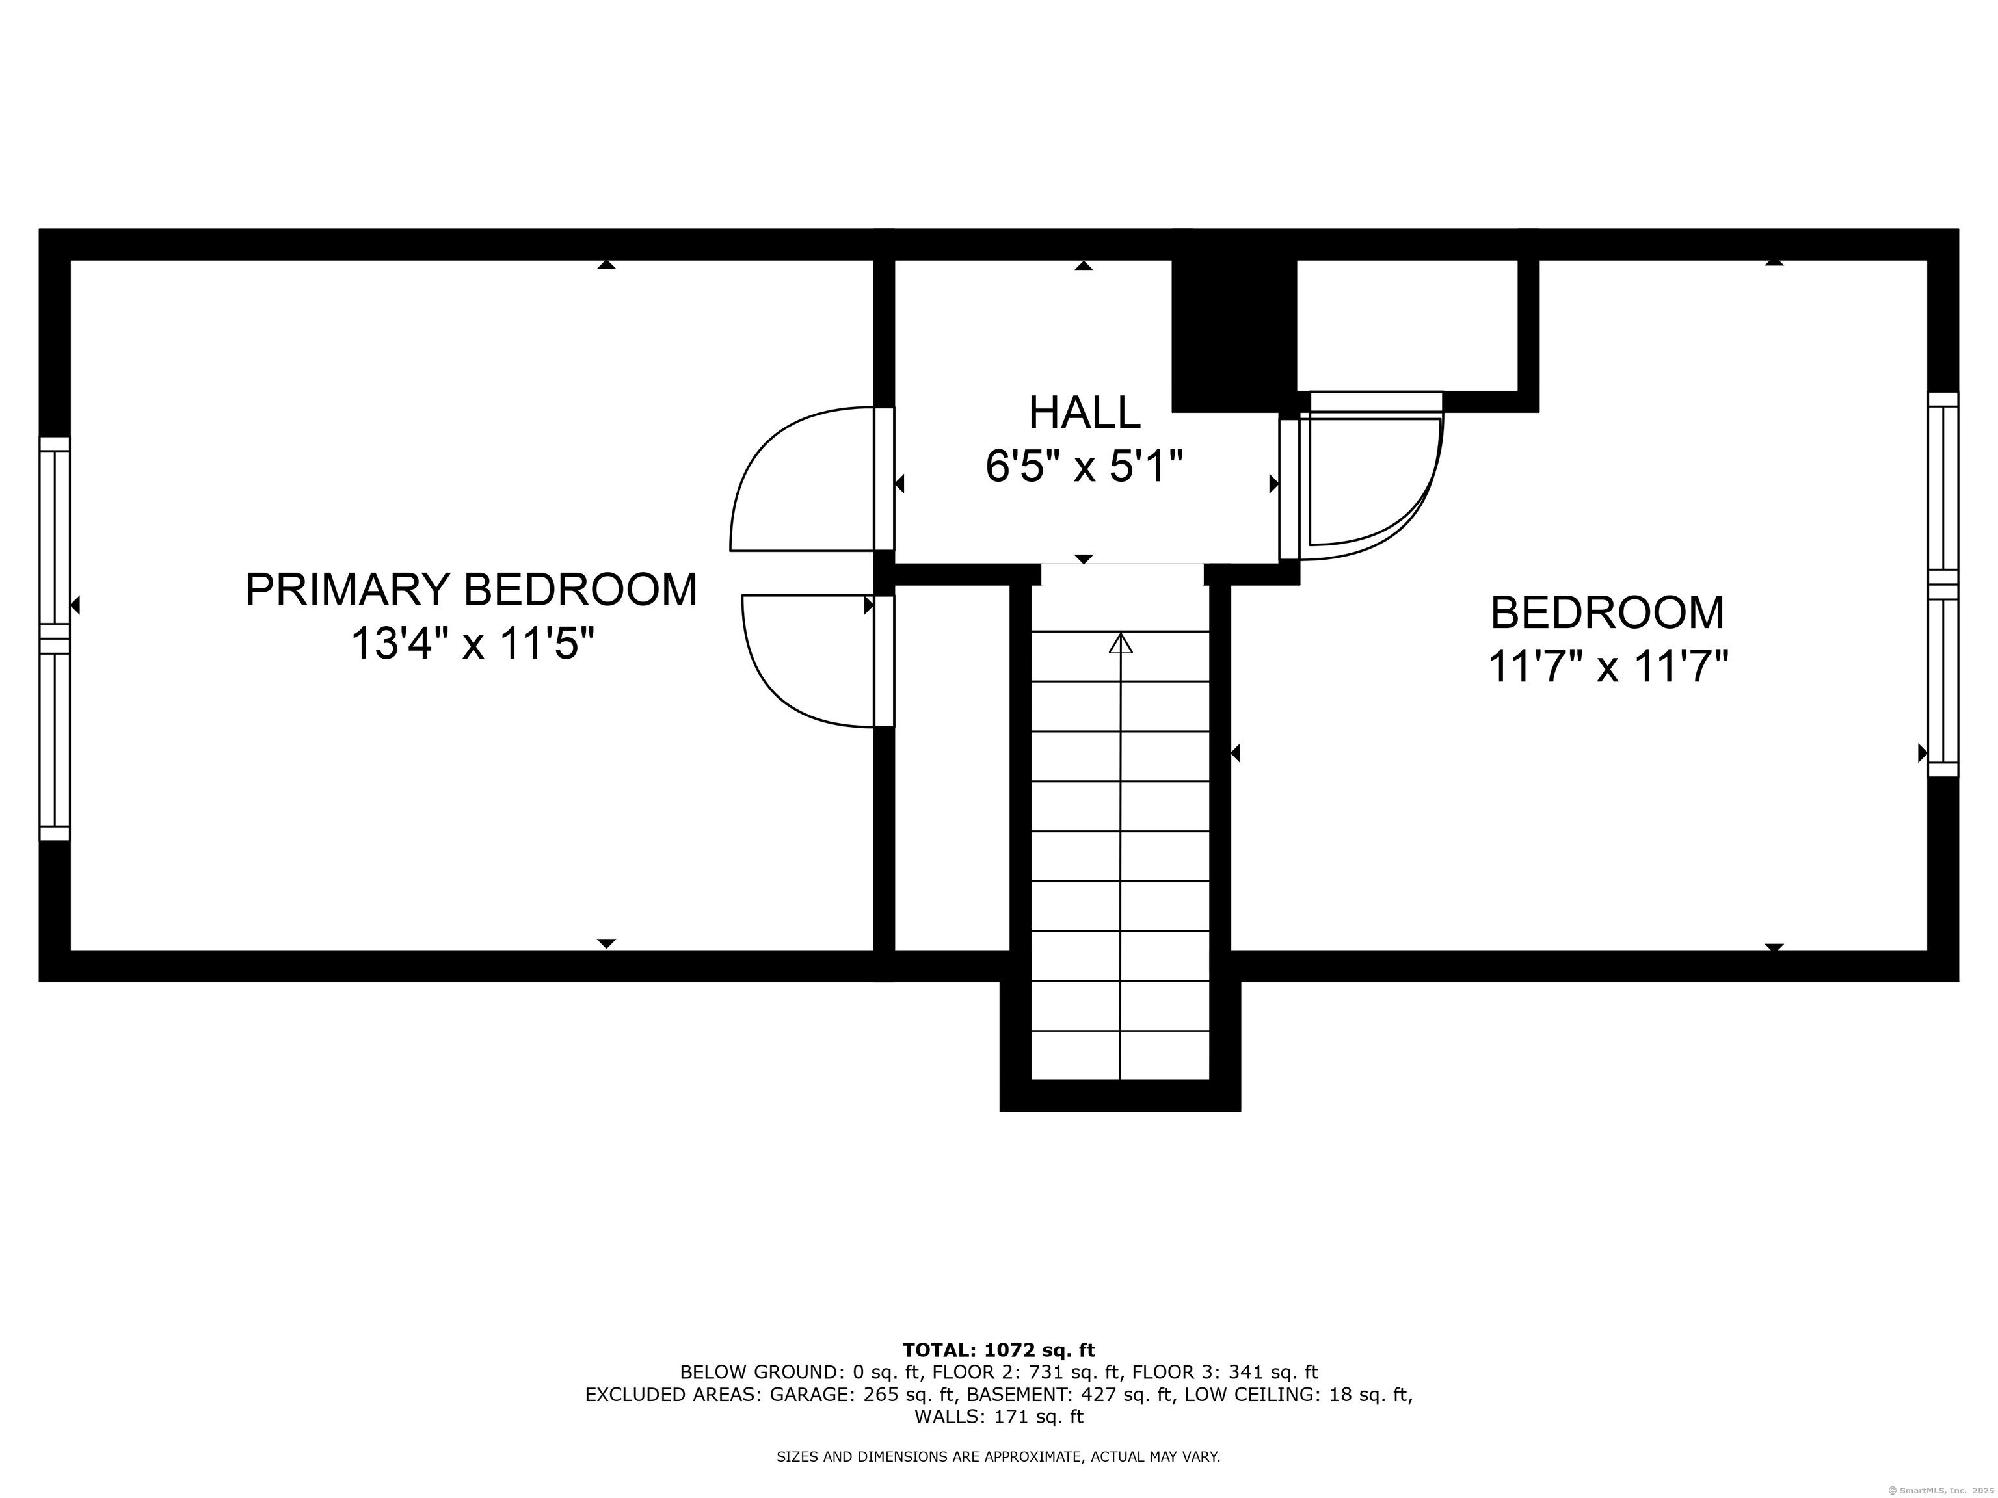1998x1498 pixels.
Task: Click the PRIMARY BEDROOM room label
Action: [x=472, y=590]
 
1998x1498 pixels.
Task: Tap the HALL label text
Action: [x=1084, y=413]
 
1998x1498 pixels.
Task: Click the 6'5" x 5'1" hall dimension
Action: [x=1084, y=467]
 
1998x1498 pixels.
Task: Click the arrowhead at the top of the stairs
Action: [x=1121, y=643]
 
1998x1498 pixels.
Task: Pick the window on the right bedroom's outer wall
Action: [x=1943, y=585]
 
